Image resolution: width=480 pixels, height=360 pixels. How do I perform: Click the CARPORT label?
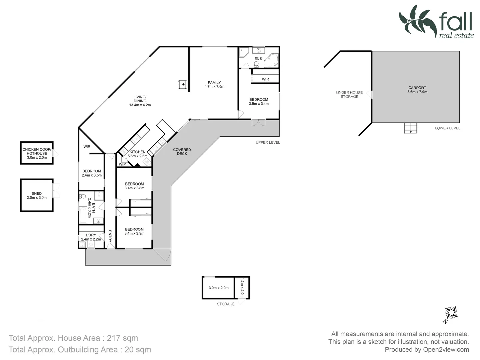tap(417, 88)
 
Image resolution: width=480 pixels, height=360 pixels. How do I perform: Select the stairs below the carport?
tap(411, 128)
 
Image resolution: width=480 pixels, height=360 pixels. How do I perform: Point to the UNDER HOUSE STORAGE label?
tap(349, 95)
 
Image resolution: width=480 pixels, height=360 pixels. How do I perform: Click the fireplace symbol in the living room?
tap(182, 84)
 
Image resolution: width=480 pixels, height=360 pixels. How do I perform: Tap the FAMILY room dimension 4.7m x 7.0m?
tap(214, 87)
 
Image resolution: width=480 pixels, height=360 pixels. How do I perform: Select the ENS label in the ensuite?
tap(258, 59)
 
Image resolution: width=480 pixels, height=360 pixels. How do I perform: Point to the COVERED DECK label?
tap(182, 152)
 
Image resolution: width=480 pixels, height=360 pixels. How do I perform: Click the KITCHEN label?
tap(137, 152)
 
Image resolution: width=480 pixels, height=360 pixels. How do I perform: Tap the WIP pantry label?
tap(122, 164)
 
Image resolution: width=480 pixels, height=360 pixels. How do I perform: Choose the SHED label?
tap(37, 193)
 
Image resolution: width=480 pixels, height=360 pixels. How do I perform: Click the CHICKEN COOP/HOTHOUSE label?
tap(37, 151)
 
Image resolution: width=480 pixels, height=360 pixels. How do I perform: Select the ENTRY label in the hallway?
tap(110, 236)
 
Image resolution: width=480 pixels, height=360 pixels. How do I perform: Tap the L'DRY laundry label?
tap(91, 235)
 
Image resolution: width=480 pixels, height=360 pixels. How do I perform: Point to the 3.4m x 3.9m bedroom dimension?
tap(134, 234)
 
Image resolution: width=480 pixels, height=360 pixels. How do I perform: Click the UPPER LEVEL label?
tap(268, 143)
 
